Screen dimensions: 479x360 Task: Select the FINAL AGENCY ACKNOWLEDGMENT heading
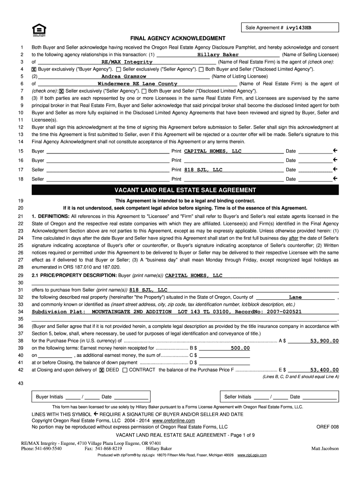pyautogui.click(x=178, y=38)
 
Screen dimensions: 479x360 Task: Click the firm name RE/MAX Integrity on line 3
pyautogui.click(x=127, y=62)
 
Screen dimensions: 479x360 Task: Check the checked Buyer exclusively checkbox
pyautogui.click(x=34, y=69)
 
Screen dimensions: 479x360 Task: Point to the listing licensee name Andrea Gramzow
pyautogui.click(x=124, y=76)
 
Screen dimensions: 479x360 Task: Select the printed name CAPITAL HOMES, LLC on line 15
pyautogui.click(x=213, y=151)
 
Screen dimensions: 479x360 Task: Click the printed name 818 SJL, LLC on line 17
pyautogui.click(x=203, y=170)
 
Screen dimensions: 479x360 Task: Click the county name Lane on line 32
pyautogui.click(x=295, y=297)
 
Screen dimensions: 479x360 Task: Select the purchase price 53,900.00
pyautogui.click(x=324, y=341)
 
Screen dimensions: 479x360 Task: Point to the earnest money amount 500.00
pyautogui.click(x=240, y=348)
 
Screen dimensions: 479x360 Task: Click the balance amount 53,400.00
pyautogui.click(x=324, y=370)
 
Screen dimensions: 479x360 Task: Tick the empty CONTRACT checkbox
pyautogui.click(x=124, y=370)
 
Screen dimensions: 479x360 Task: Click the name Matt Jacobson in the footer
pyautogui.click(x=325, y=449)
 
